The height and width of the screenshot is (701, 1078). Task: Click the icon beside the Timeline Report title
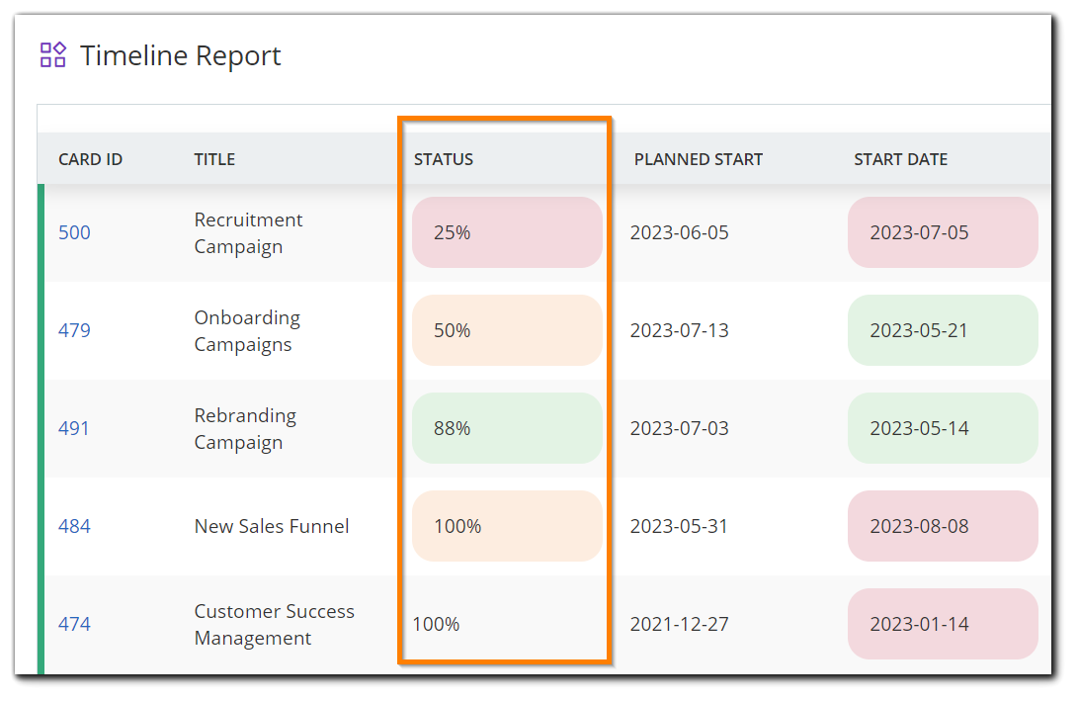[x=53, y=54]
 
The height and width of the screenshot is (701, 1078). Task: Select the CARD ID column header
[x=90, y=159]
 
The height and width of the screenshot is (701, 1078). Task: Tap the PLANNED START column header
[x=698, y=159]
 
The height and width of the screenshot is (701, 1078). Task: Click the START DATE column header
[x=900, y=159]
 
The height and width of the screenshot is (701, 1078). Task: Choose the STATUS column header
[x=444, y=159]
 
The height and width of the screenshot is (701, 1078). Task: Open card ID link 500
[x=74, y=233]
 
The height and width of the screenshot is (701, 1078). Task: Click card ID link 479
[x=74, y=330]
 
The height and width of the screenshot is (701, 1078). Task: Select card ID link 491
[x=74, y=428]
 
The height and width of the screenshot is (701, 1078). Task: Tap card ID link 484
[x=74, y=526]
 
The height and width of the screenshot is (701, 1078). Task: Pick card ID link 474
[x=74, y=624]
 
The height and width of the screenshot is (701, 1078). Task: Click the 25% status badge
[x=506, y=232]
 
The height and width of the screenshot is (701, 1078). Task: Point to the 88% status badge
[x=506, y=428]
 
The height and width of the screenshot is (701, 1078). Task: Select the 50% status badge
[x=506, y=330]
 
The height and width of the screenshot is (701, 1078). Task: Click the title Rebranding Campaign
[x=245, y=429]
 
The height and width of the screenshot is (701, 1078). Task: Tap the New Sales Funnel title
[x=272, y=526]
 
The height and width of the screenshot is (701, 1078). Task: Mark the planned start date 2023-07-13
[x=680, y=330]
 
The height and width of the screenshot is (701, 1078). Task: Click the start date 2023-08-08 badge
[x=942, y=526]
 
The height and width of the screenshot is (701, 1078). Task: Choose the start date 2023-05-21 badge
[x=942, y=330]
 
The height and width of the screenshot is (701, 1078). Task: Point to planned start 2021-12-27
[x=680, y=624]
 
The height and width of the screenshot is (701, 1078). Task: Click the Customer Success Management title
[x=274, y=625]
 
